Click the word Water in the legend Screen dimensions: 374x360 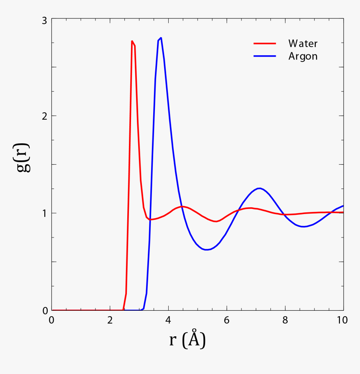coord(303,44)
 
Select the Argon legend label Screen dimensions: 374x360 coord(303,57)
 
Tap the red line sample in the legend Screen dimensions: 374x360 coord(265,43)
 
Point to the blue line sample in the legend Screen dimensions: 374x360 coord(265,56)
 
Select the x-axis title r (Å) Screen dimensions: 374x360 coord(187,340)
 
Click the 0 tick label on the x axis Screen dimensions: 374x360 coord(51,320)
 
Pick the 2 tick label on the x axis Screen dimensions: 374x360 coord(110,320)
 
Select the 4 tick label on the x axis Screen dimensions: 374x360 coord(168,320)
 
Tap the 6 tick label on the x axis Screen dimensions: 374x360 coord(226,320)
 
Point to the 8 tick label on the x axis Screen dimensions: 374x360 coord(285,320)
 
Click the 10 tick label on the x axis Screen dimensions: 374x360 coord(342,320)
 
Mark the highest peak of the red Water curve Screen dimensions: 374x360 coord(132,41)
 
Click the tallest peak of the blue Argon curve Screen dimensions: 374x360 coord(161,38)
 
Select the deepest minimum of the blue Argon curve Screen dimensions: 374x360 coord(206,250)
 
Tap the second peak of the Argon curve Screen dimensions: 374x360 coord(260,188)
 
